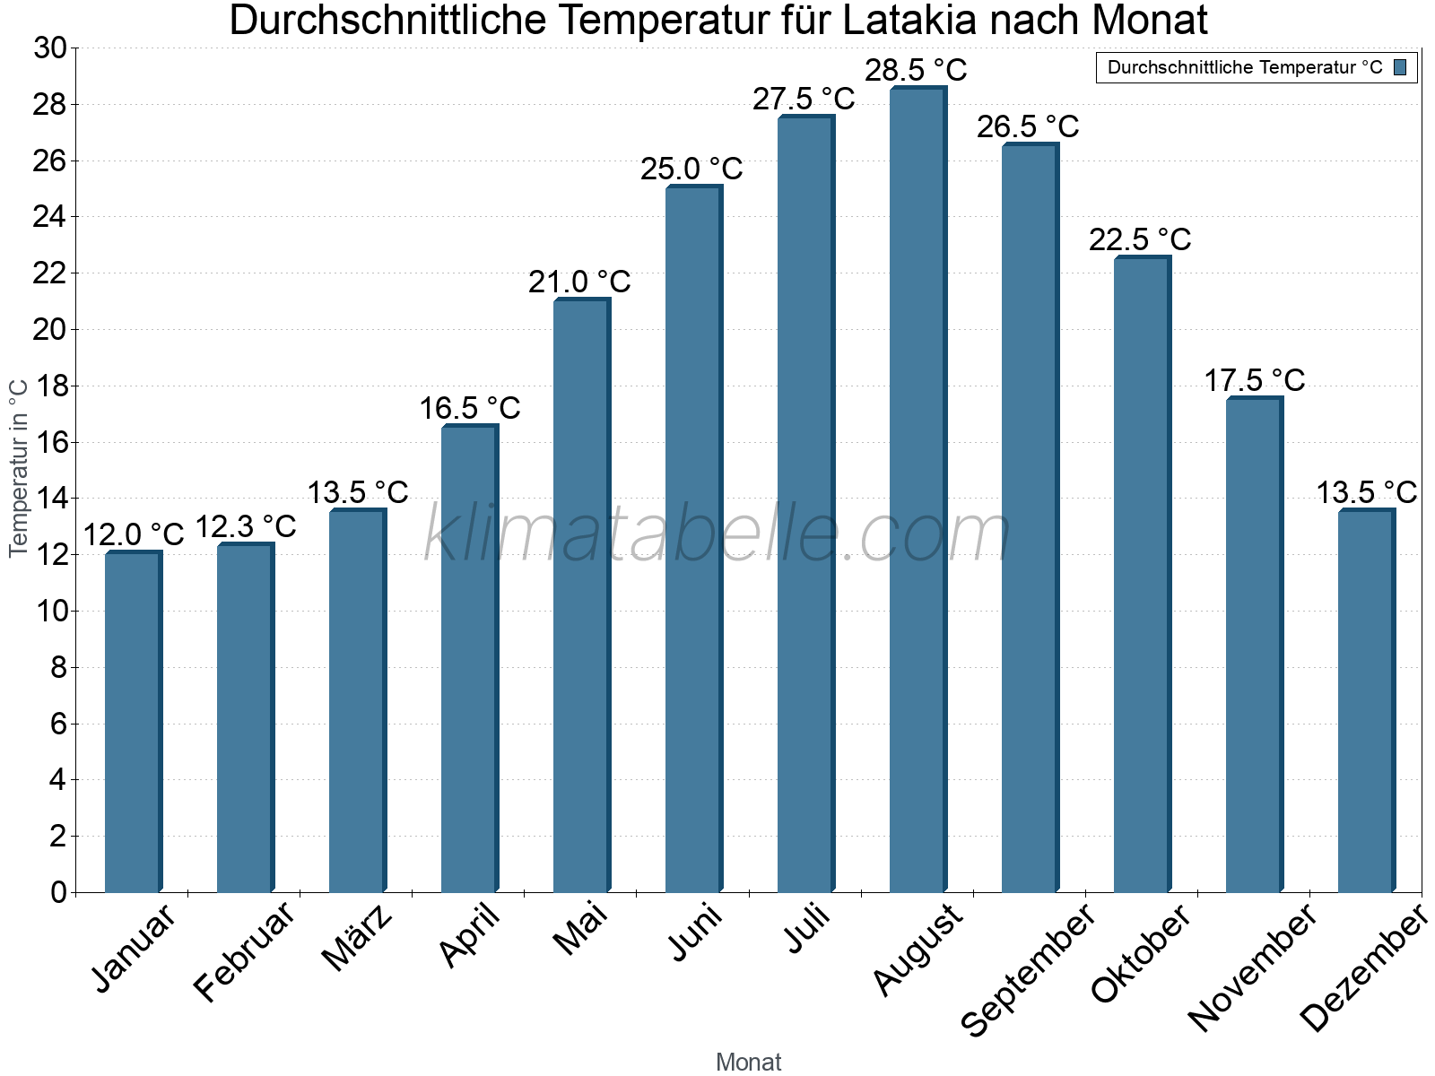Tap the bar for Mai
[x=580, y=595]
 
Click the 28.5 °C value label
[x=916, y=70]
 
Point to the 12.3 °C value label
[x=245, y=526]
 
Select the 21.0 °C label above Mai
[x=579, y=282]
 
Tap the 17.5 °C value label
[x=1253, y=380]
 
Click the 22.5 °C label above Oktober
[x=1140, y=240]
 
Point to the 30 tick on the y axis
[x=50, y=48]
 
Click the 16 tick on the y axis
[x=50, y=442]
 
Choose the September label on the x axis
[x=1028, y=968]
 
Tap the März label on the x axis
[x=358, y=938]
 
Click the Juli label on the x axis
[x=807, y=929]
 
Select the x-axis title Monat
[x=748, y=1062]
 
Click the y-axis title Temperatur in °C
[x=19, y=466]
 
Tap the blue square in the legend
[x=1400, y=67]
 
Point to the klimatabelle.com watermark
[x=717, y=534]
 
